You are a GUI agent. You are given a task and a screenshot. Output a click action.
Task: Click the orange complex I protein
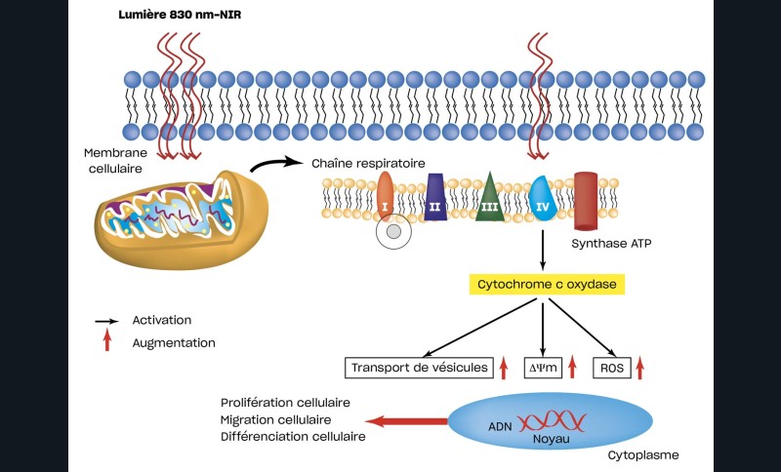(x=385, y=195)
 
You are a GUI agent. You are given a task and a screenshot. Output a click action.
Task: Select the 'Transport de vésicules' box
(x=418, y=368)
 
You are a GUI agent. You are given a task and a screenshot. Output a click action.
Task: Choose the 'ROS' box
(x=608, y=368)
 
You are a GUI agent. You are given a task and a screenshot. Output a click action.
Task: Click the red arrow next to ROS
(x=640, y=368)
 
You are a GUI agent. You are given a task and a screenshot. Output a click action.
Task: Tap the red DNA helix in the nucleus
(x=552, y=422)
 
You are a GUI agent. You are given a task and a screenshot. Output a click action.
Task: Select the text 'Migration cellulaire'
(x=272, y=419)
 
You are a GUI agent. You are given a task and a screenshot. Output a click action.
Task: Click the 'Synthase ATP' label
(x=606, y=245)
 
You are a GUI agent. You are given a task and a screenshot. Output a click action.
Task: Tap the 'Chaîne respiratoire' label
(x=367, y=164)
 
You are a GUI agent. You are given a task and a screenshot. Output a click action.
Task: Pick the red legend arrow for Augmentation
(x=107, y=341)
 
